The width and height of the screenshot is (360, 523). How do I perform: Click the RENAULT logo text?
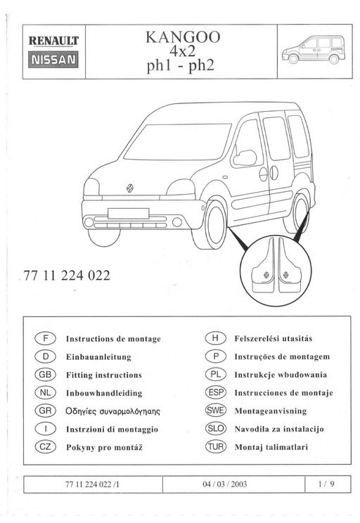coord(53,42)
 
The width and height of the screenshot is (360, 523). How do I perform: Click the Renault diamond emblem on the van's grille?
coord(131,188)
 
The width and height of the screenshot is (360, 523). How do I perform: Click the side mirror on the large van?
coord(245,157)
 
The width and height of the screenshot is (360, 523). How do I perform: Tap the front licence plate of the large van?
coord(128,213)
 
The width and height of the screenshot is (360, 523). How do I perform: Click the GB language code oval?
coord(44,375)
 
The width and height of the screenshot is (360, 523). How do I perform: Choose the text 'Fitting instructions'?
coord(103,375)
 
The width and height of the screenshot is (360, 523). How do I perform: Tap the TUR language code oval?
coord(214,446)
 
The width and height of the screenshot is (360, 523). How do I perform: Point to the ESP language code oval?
coord(214,392)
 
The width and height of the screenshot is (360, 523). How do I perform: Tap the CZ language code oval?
coord(44,446)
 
